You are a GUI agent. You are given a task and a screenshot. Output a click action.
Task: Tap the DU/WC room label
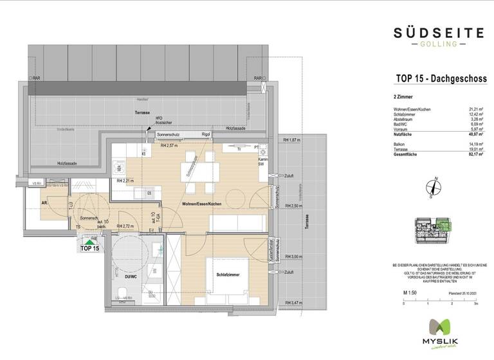point(131,277)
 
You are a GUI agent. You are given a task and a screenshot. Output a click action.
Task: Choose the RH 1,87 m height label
point(293,140)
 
